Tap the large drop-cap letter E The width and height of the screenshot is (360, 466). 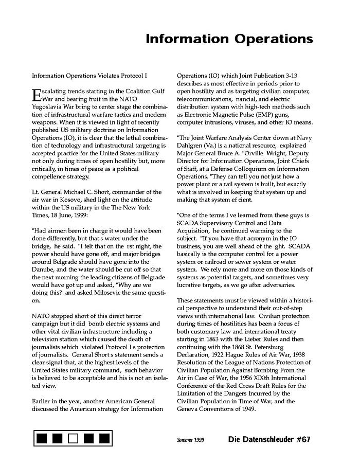tap(36, 95)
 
